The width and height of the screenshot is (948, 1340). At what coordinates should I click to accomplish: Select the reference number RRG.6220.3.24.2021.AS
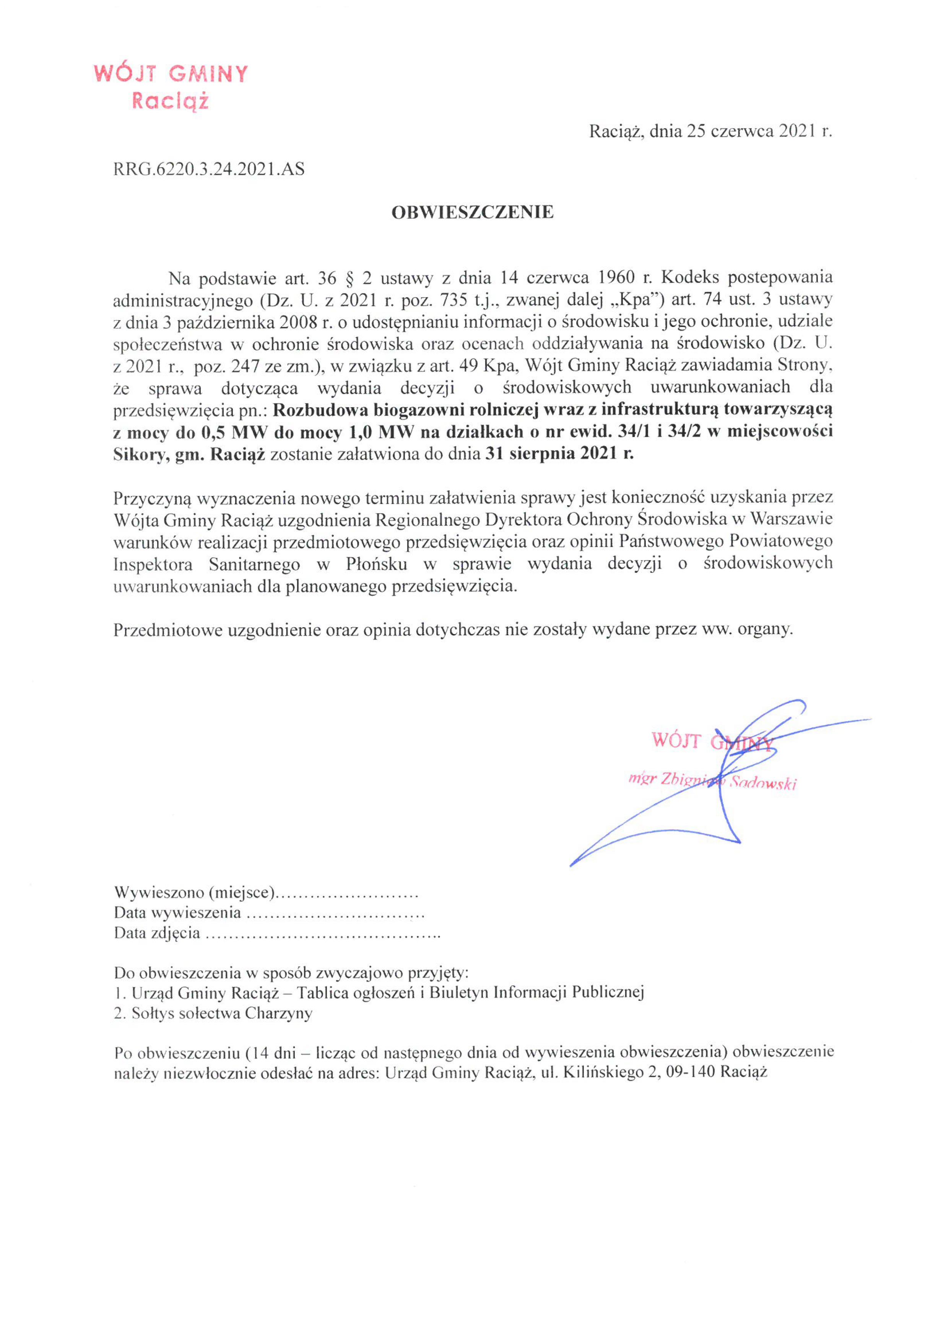click(208, 169)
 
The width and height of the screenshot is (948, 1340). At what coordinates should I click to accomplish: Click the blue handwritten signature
click(724, 782)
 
